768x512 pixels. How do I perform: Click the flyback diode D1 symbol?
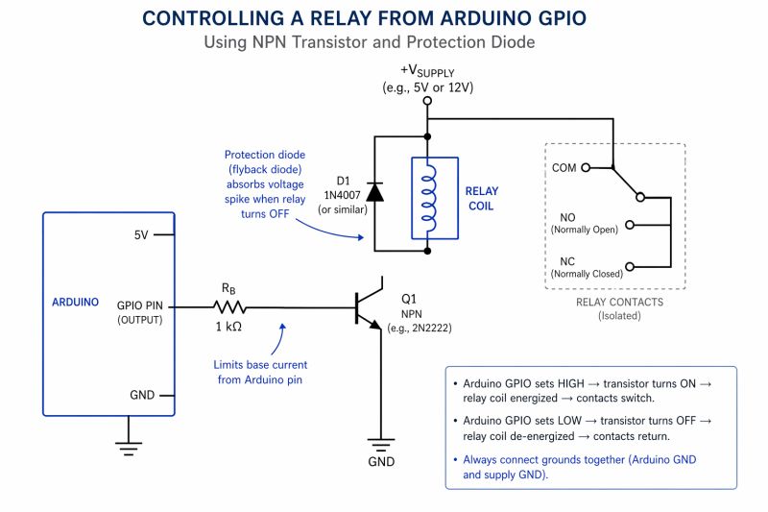[x=374, y=191]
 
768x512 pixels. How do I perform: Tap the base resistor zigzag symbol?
[x=229, y=307]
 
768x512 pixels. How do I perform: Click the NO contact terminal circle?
[x=629, y=226]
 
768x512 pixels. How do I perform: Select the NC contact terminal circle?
[x=629, y=266]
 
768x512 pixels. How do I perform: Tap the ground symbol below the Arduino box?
[x=127, y=445]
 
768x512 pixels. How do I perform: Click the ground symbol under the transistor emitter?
[x=382, y=444]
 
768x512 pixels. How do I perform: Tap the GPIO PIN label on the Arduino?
[x=139, y=305]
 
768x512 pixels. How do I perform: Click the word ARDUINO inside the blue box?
[x=75, y=302]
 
